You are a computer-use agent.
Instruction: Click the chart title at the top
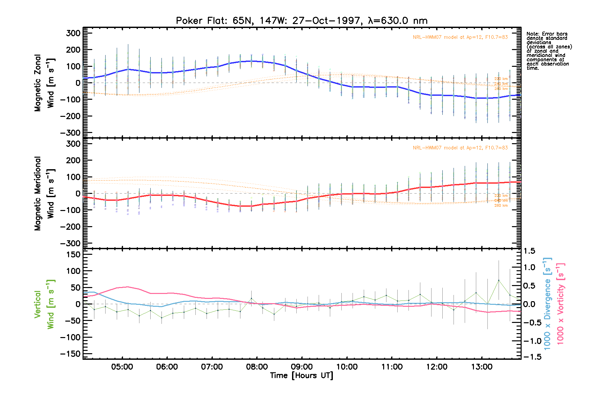click(x=302, y=21)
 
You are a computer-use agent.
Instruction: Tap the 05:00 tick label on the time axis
click(x=122, y=367)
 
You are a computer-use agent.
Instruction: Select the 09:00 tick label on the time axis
click(x=302, y=367)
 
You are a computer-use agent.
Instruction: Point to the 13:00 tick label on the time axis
click(x=481, y=367)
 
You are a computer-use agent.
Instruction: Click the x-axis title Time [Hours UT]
click(x=302, y=376)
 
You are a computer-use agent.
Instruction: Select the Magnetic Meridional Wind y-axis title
click(x=44, y=194)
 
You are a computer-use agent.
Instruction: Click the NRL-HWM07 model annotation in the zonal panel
click(x=460, y=37)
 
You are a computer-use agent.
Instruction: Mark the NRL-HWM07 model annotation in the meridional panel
click(x=460, y=148)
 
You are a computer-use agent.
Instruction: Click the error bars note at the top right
click(x=549, y=51)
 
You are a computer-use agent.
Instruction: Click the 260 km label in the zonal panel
click(x=501, y=89)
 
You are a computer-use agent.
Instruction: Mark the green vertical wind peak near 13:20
click(x=499, y=280)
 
